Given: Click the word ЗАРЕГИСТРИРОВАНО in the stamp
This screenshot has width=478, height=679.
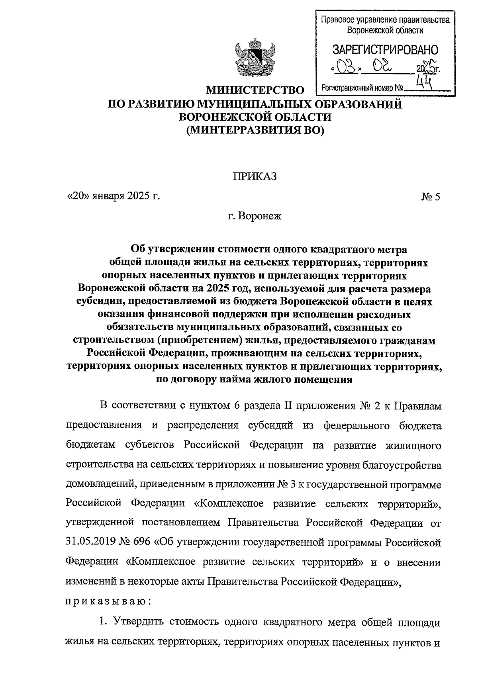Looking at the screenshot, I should [385, 50].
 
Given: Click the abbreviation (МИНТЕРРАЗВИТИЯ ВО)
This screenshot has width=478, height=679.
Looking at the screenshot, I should [255, 130].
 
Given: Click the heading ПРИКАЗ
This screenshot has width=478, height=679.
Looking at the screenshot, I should [255, 176].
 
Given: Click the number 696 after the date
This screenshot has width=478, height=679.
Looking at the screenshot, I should [145, 542].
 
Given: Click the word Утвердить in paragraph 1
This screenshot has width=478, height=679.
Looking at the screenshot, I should [138, 621].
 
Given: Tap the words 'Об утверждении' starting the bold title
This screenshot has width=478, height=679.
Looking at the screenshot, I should [173, 250].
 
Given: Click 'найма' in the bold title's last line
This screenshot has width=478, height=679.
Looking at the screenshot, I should [237, 379].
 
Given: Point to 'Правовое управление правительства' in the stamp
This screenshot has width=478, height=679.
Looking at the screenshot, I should [385, 20].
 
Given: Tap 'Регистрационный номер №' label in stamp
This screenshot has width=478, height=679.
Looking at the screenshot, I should [362, 88].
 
